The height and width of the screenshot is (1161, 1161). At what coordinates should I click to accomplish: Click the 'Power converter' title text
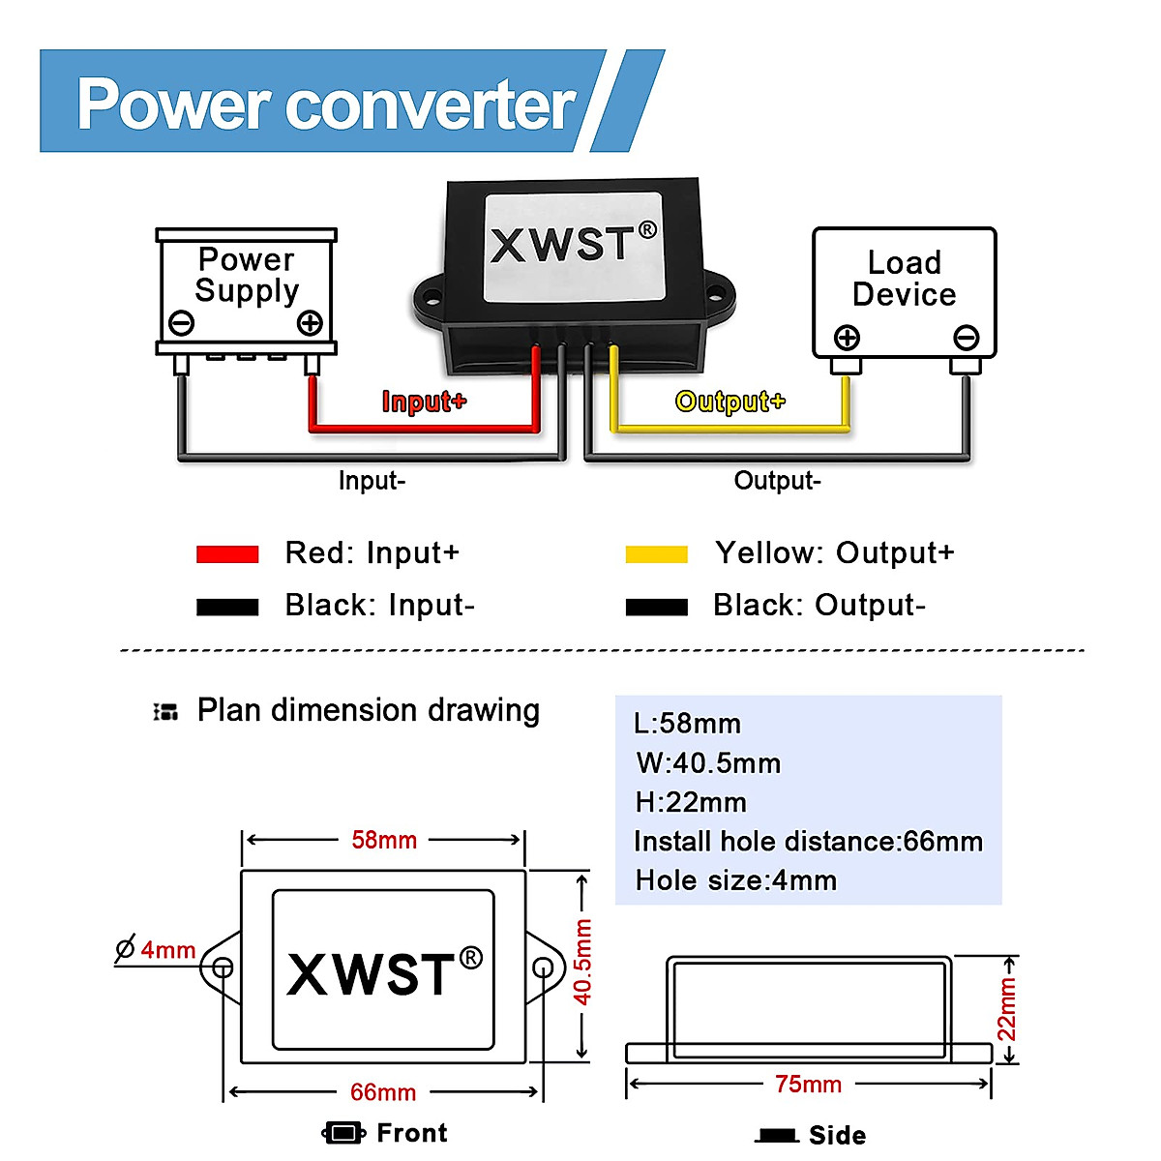[x=326, y=104]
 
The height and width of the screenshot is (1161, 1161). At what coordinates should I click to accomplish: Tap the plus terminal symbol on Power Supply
[x=310, y=323]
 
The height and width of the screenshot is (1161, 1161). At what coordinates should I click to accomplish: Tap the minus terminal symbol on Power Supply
[x=181, y=323]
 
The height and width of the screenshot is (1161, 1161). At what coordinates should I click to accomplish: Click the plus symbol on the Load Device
[x=847, y=338]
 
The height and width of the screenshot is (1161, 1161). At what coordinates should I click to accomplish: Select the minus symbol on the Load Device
[x=966, y=338]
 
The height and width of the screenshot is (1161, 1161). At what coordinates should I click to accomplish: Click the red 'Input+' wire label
[x=424, y=402]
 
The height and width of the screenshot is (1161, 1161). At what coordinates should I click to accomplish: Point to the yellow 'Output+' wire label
[x=729, y=402]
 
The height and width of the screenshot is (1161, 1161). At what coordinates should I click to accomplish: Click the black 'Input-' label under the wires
[x=372, y=481]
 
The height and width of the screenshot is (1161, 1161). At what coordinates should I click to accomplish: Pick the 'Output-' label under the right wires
[x=777, y=481]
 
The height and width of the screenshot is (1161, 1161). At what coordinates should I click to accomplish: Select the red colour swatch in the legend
[x=227, y=554]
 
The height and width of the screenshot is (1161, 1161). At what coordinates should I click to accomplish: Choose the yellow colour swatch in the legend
[x=656, y=554]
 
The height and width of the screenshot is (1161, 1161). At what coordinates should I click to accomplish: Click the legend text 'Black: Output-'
[x=819, y=606]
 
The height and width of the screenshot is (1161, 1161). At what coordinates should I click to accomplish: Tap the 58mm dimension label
[x=384, y=840]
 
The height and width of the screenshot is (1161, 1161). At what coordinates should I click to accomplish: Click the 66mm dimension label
[x=383, y=1092]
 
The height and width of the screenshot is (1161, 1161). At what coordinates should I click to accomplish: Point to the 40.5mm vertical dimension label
[x=583, y=962]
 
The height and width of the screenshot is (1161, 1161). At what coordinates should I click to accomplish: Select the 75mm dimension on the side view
[x=808, y=1085]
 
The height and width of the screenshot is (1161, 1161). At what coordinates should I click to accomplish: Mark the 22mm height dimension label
[x=1007, y=1009]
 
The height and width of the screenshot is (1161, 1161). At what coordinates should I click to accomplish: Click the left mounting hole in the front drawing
[x=222, y=967]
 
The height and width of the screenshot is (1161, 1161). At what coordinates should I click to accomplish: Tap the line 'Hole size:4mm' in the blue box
[x=735, y=880]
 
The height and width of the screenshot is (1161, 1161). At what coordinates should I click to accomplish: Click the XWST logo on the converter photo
[x=573, y=243]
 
